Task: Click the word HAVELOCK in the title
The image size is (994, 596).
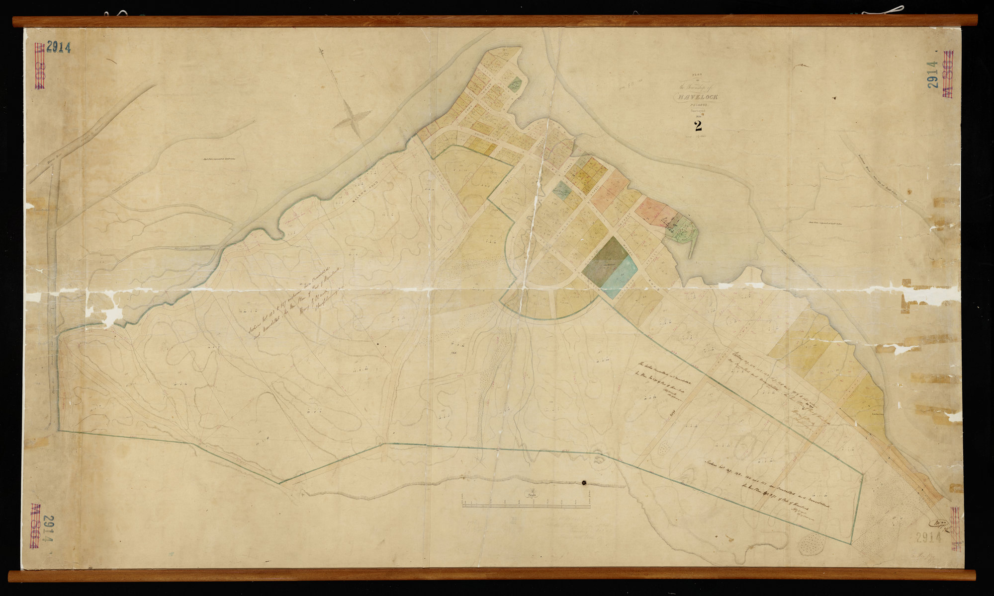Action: (x=695, y=97)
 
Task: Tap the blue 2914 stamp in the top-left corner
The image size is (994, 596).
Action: (x=59, y=48)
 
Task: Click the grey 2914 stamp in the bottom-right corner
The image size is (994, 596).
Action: (x=929, y=537)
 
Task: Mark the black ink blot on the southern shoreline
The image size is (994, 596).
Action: (x=584, y=482)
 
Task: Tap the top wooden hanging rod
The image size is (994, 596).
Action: (x=495, y=21)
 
